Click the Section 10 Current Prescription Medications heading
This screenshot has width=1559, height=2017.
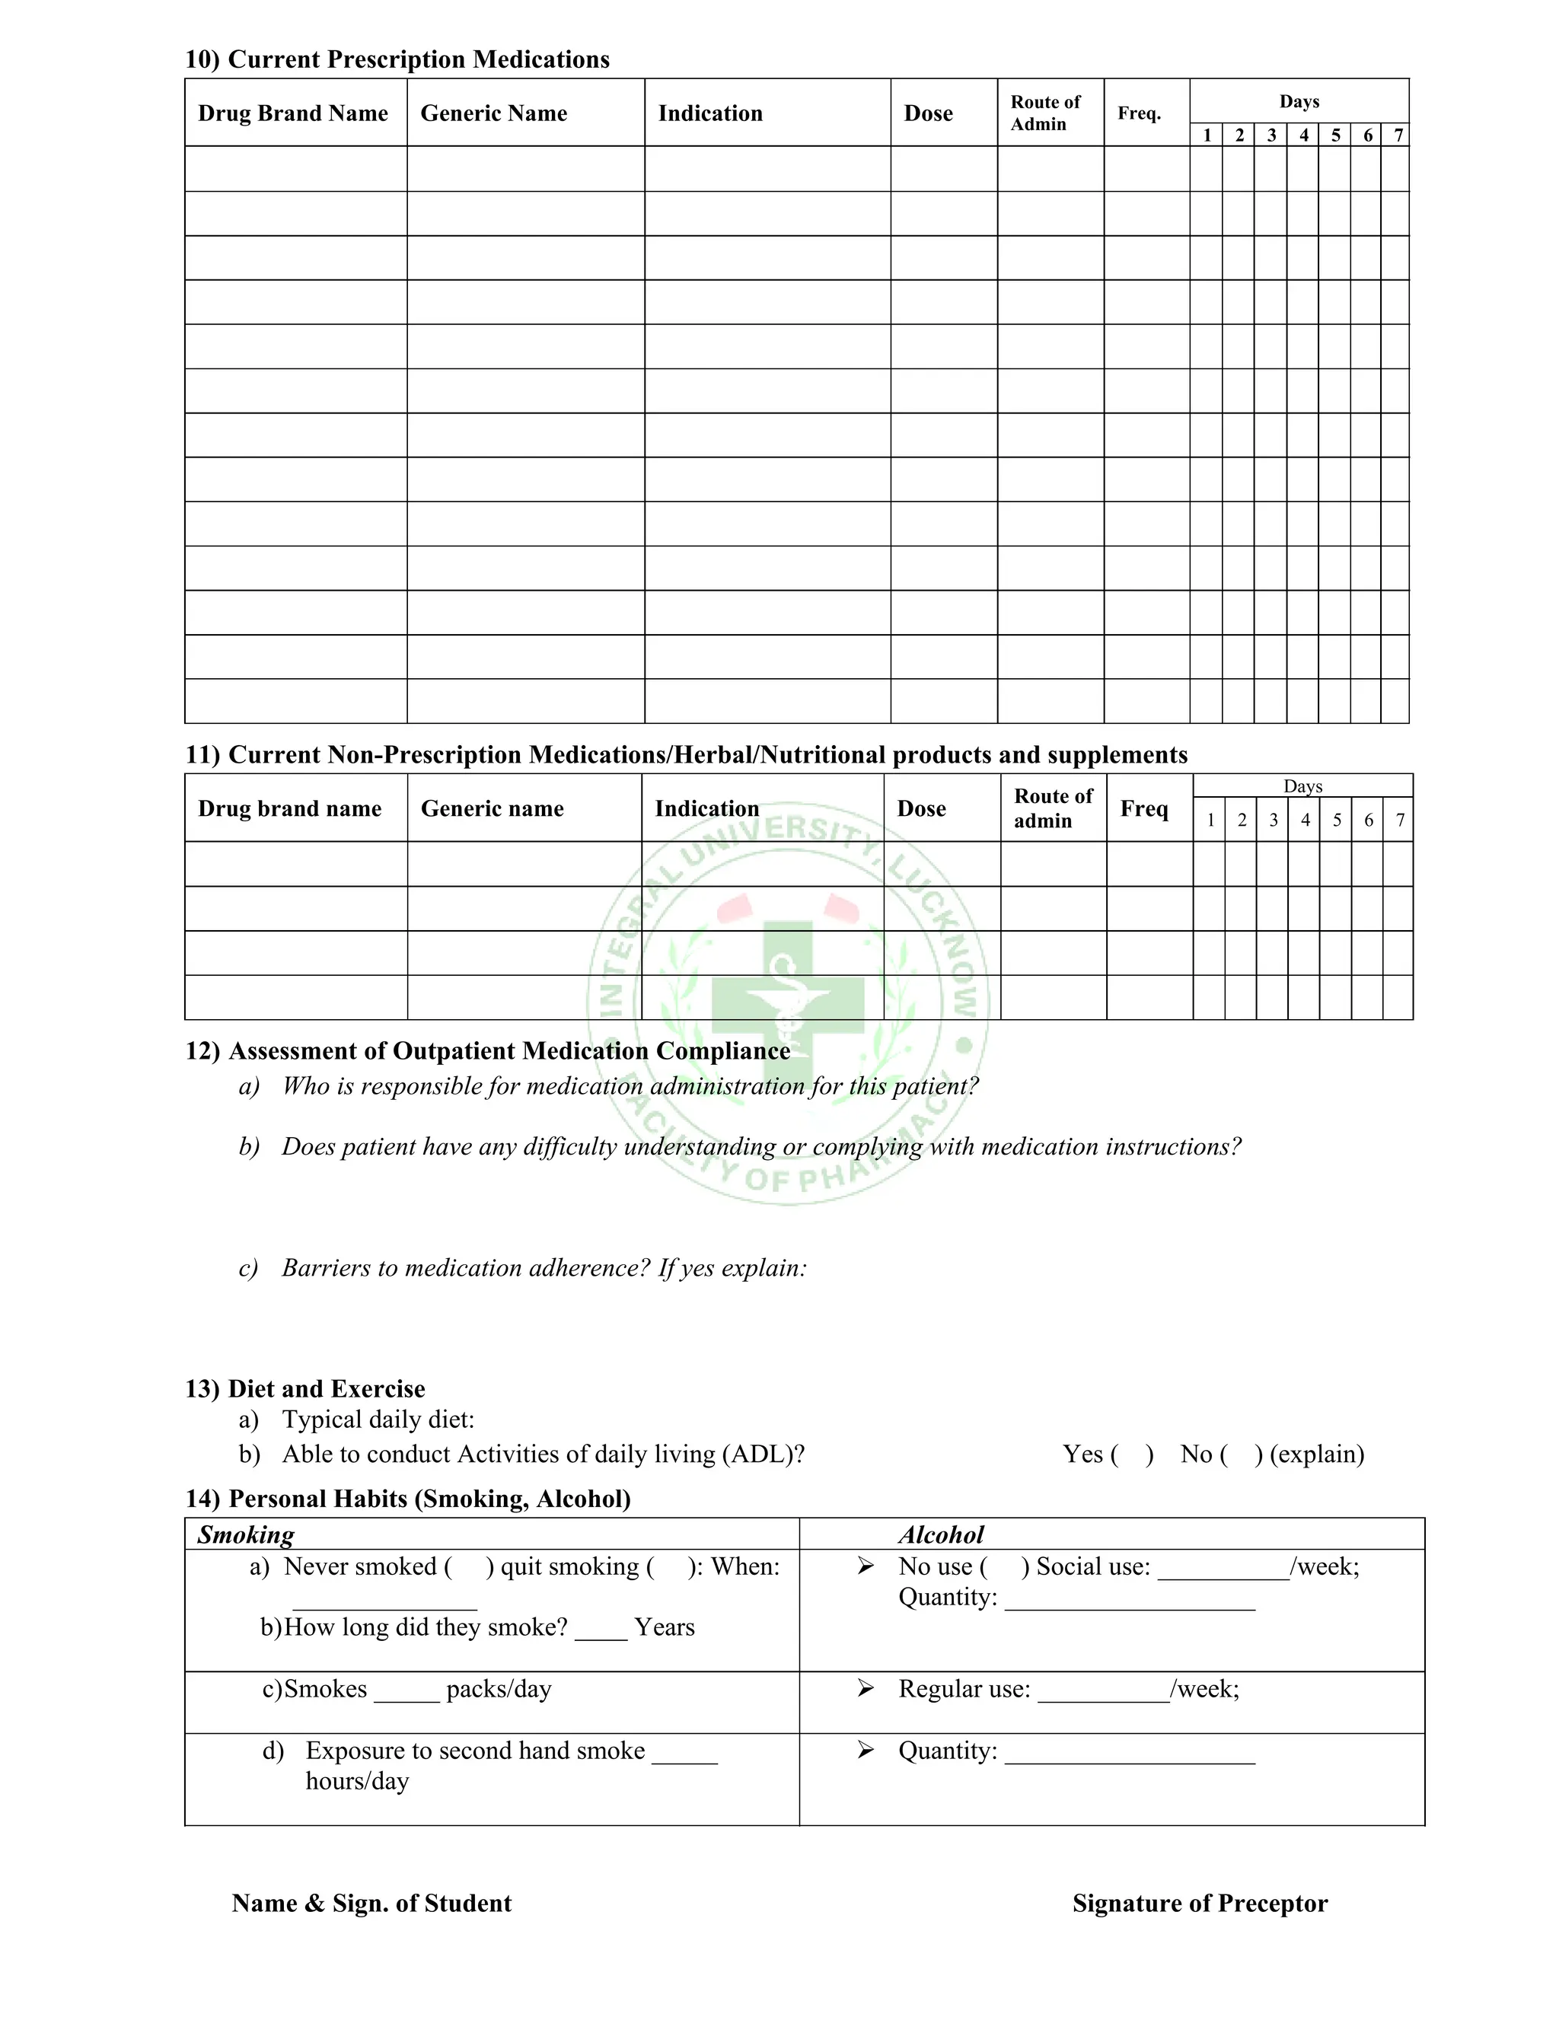point(397,59)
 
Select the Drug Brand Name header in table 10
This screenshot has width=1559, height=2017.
point(293,113)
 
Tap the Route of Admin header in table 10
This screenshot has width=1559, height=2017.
point(1044,113)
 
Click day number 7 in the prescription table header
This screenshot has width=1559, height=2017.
point(1398,135)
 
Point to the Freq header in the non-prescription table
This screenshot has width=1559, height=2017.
point(1143,808)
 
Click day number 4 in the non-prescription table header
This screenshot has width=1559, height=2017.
point(1305,820)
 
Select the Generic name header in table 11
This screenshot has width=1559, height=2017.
point(493,808)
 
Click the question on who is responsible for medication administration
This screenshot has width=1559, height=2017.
point(630,1086)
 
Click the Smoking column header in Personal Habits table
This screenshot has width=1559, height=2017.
point(246,1535)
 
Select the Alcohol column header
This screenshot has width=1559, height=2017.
point(941,1535)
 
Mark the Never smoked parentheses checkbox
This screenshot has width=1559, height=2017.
point(468,1567)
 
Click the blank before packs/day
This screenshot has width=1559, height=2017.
point(406,1690)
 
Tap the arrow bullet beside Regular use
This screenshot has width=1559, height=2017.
point(866,1688)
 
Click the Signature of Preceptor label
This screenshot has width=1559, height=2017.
point(1200,1904)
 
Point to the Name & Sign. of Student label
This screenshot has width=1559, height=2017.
point(371,1904)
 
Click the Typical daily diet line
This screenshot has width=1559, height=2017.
point(378,1420)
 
